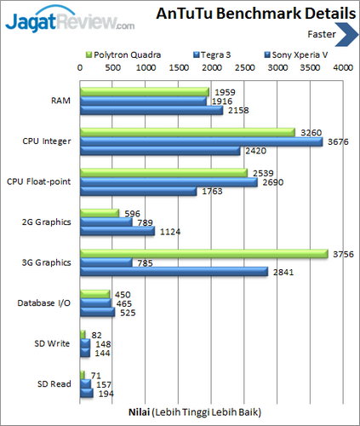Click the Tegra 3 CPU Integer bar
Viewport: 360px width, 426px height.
coord(201,141)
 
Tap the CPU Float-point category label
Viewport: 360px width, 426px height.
coord(40,182)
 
